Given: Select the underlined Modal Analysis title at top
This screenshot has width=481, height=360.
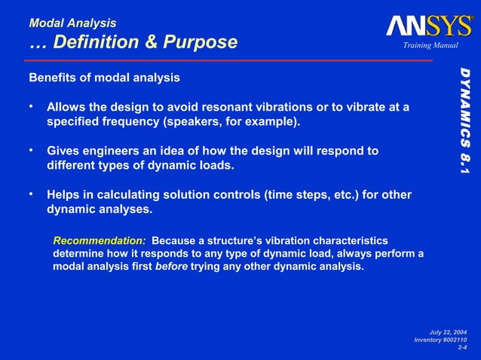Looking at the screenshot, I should click(x=72, y=23).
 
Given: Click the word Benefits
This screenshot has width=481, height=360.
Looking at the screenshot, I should click(x=53, y=78).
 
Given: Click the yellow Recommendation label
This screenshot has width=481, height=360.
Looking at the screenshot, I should click(x=100, y=239).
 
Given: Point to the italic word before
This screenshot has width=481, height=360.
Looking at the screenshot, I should click(x=171, y=266).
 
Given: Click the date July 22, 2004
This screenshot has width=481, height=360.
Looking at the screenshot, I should click(x=448, y=332).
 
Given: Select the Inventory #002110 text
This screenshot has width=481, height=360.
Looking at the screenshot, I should click(x=441, y=340).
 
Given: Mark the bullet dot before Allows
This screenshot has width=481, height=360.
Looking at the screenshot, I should click(x=33, y=107).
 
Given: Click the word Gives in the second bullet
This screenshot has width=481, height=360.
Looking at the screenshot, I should click(x=63, y=151).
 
